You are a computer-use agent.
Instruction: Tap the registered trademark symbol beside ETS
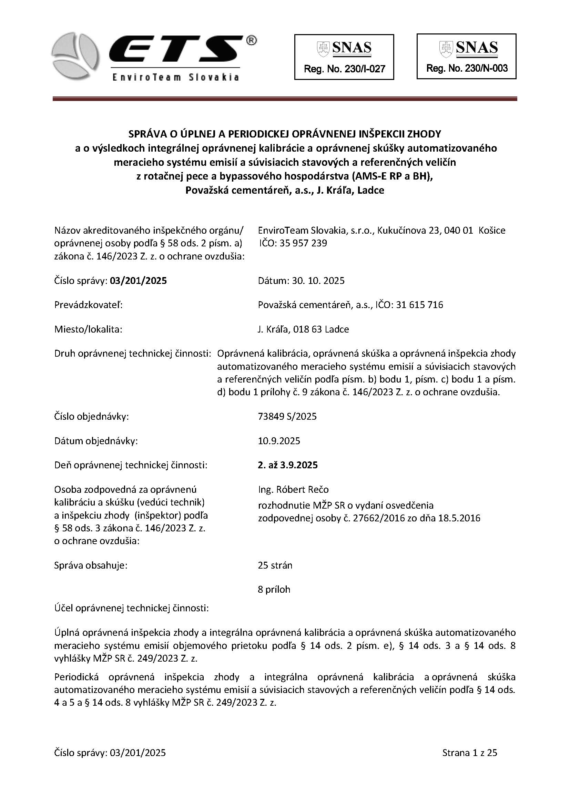pyautogui.click(x=251, y=41)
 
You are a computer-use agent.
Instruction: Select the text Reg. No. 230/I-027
pyautogui.click(x=344, y=69)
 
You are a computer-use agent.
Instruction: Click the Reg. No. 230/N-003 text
pyautogui.click(x=467, y=68)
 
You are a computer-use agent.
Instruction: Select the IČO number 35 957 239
pyautogui.click(x=303, y=243)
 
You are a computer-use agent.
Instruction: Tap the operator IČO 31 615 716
pyautogui.click(x=419, y=305)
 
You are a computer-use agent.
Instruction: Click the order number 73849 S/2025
pyautogui.click(x=287, y=416)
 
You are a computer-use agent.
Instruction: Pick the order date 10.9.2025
pyautogui.click(x=279, y=441)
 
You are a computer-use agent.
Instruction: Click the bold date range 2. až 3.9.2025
pyautogui.click(x=288, y=465)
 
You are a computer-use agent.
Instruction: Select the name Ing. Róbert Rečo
pyautogui.click(x=293, y=489)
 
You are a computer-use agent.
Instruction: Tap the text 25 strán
pyautogui.click(x=275, y=565)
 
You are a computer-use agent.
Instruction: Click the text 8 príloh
pyautogui.click(x=274, y=589)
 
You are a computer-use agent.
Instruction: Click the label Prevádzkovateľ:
pyautogui.click(x=88, y=305)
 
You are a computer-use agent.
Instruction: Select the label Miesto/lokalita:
pyautogui.click(x=88, y=329)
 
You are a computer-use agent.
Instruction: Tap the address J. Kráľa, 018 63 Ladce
pyautogui.click(x=303, y=329)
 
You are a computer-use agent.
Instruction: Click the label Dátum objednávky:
pyautogui.click(x=96, y=441)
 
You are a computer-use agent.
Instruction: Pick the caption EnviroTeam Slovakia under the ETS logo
pyautogui.click(x=175, y=78)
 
